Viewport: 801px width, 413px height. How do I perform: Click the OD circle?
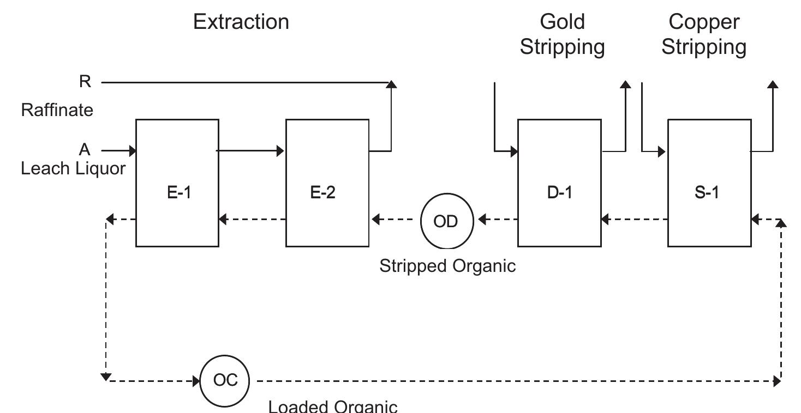pos(446,222)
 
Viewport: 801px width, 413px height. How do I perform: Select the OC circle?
pos(225,380)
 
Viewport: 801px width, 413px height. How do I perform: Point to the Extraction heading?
pos(241,22)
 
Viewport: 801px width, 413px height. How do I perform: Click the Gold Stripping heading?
pos(562,34)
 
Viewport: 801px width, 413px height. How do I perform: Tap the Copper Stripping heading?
pos(704,34)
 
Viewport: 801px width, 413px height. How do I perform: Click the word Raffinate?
pos(57,110)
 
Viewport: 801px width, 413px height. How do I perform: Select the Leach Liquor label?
pos(73,168)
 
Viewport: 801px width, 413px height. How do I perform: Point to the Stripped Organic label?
pos(447,266)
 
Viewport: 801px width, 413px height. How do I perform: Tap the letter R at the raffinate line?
pos(85,82)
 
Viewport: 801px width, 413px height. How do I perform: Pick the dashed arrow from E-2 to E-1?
pos(252,220)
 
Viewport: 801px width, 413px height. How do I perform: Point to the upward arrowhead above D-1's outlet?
pos(625,85)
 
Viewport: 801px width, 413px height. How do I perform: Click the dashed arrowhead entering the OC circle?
pos(196,381)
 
